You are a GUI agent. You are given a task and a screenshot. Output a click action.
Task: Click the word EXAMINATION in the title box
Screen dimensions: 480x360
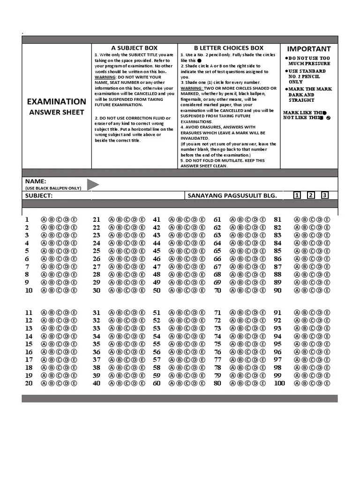56,101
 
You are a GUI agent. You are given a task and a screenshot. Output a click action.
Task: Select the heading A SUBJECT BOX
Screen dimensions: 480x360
134,48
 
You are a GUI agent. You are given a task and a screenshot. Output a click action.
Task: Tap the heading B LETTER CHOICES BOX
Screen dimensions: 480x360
229,48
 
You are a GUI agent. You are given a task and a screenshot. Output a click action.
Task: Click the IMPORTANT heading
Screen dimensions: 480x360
308,49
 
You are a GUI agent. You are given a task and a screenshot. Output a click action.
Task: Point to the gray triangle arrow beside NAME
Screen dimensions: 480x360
92,184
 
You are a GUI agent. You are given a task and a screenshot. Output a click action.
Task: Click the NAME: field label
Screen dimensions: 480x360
36,181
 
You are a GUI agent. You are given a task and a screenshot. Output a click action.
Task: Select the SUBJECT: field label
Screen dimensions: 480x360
39,195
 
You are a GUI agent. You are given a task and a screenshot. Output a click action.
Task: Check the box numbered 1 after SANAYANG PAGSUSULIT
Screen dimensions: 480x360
297,195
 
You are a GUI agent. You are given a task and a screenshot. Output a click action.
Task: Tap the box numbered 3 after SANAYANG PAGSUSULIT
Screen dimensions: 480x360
324,195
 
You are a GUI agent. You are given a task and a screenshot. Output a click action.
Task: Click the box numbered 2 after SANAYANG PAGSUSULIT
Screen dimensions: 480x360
310,195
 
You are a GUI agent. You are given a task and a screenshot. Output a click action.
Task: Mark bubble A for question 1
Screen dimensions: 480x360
44,219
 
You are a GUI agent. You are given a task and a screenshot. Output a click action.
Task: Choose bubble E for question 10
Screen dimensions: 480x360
74,290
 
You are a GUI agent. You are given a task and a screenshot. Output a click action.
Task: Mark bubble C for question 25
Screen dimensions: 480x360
127,251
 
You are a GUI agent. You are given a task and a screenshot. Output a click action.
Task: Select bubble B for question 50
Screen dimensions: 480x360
179,290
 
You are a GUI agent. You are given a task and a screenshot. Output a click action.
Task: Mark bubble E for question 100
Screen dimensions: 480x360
327,383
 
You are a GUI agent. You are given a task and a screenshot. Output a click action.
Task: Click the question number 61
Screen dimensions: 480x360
217,219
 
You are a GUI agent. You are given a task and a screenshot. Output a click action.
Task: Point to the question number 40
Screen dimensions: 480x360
97,383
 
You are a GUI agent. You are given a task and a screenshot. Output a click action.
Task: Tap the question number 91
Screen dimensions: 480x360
277,312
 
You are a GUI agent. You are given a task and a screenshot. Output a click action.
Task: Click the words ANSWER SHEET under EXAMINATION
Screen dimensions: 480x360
56,112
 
